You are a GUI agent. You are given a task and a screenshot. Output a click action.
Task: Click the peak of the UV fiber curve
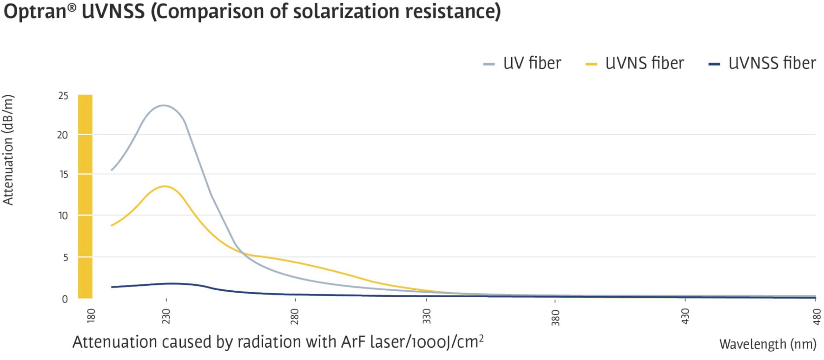pos(163,105)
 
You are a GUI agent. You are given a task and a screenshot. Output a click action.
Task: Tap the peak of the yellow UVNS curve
pos(165,186)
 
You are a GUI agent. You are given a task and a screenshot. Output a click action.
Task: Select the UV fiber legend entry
pos(522,64)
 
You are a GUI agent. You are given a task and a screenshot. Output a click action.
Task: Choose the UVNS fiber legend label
pos(644,64)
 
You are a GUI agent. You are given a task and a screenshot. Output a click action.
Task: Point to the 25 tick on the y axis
pos(63,96)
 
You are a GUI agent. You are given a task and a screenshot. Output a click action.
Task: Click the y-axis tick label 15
pos(63,175)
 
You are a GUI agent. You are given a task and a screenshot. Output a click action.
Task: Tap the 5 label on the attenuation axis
pos(65,258)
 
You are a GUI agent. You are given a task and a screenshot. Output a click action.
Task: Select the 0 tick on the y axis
pos(65,299)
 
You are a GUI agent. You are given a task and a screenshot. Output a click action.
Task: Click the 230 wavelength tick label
pos(166,316)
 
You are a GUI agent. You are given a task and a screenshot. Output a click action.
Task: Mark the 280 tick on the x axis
pos(294,316)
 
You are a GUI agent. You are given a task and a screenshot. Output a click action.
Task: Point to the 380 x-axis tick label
pos(555,316)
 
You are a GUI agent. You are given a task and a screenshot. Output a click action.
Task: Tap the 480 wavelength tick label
pos(816,316)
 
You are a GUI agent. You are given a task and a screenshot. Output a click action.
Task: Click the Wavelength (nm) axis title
pos(767,345)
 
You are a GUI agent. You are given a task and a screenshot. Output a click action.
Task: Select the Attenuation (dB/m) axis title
pos(8,150)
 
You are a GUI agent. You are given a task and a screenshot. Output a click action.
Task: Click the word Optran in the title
pos(35,12)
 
